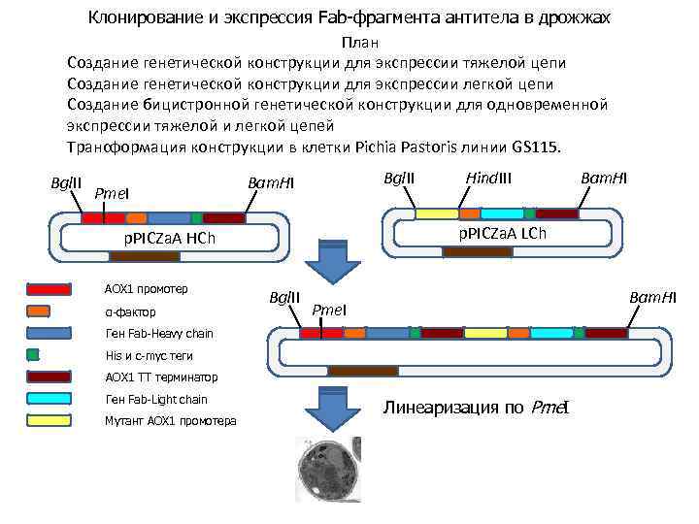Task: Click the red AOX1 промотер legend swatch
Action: (49, 289)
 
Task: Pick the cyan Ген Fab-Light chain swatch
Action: (49, 399)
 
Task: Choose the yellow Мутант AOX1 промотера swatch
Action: (49, 420)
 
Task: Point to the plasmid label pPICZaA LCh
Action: (502, 234)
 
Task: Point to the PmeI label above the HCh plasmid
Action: (113, 194)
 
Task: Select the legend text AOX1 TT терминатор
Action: (161, 377)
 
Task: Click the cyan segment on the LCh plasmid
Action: (502, 213)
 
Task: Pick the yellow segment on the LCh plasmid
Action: (436, 213)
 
